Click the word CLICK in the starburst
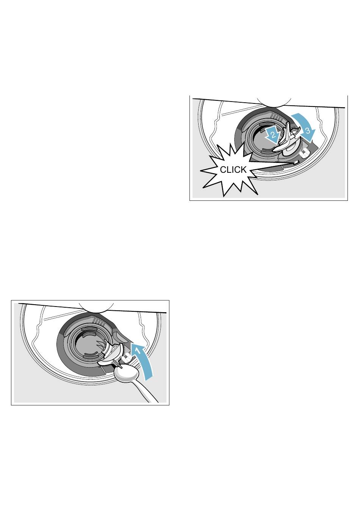coord(233,170)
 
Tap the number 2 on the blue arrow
coord(273,135)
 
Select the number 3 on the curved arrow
coord(308,131)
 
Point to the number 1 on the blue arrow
coord(138,351)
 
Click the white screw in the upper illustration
coord(304,153)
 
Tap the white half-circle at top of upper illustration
coord(274,101)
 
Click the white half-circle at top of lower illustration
coord(96,308)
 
